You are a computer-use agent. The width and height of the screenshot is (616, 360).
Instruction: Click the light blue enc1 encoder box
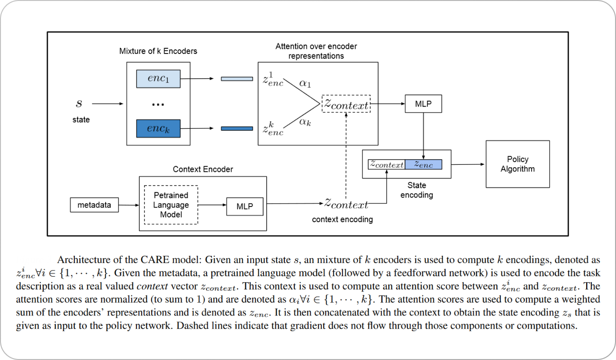click(158, 79)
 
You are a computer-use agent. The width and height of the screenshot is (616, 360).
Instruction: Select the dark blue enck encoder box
click(158, 128)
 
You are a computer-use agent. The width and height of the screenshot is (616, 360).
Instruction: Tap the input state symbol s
click(79, 103)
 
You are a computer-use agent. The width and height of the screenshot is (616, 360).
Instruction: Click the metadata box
click(94, 205)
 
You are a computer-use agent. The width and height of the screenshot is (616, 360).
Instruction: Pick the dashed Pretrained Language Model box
click(171, 205)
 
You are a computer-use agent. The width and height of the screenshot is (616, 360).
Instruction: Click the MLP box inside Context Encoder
click(245, 207)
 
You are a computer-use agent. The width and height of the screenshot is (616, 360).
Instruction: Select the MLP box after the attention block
click(423, 104)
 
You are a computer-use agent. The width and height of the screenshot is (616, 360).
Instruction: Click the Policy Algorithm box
click(517, 164)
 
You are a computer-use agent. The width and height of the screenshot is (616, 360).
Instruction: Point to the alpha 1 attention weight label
click(304, 83)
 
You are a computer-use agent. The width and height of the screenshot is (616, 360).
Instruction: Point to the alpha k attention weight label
click(305, 122)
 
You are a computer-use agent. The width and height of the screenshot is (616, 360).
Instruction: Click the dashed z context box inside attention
click(346, 104)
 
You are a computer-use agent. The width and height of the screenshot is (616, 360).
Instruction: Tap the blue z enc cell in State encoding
click(423, 164)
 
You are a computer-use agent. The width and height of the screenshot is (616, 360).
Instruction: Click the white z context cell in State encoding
click(387, 164)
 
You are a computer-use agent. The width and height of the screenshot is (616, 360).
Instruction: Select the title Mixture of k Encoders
click(158, 51)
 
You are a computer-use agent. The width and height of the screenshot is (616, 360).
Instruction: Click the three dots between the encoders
click(158, 105)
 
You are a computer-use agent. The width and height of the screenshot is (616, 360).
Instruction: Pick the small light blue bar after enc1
click(236, 79)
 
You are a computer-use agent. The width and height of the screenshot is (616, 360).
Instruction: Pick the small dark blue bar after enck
click(236, 128)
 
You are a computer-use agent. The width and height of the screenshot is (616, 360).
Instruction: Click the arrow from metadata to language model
click(128, 205)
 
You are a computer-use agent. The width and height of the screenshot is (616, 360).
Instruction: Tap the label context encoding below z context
click(342, 219)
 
